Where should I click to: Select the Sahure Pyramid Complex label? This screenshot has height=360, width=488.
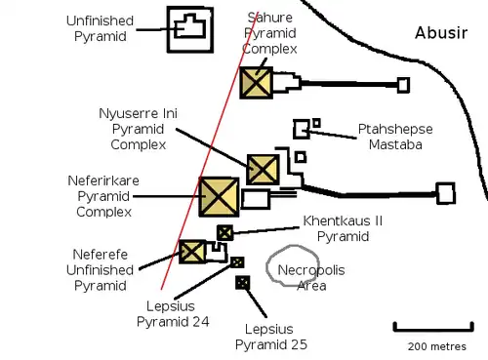pos(270,32)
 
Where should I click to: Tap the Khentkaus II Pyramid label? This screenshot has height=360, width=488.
pos(342,228)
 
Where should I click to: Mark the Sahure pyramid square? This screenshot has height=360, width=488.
pos(256,82)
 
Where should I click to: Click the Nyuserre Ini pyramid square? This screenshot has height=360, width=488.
pos(263,169)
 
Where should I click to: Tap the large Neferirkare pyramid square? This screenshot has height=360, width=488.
pos(219,196)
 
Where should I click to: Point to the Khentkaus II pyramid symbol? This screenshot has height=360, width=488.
pos(224,232)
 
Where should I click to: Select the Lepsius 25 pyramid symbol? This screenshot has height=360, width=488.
pos(242,283)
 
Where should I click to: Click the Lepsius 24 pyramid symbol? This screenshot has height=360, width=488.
pos(236,261)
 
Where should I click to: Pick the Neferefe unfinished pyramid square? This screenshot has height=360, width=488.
pos(191,252)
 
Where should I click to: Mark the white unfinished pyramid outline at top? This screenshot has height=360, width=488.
pos(189,30)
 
